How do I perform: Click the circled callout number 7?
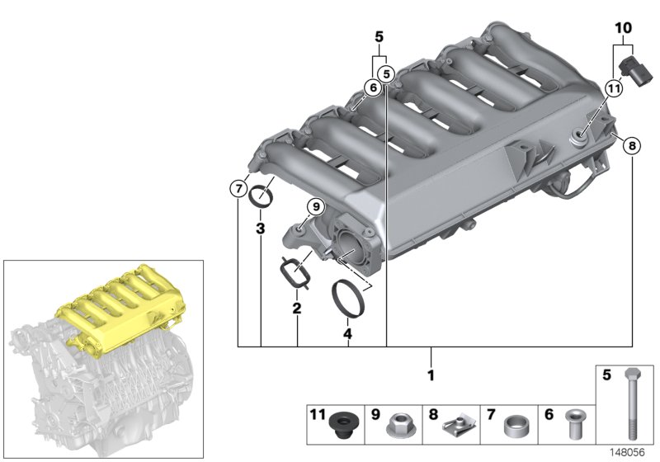[x=238, y=189]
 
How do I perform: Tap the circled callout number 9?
[x=313, y=206]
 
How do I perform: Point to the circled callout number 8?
[x=632, y=146]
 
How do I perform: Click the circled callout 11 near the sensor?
[x=613, y=88]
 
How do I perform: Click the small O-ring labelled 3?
[x=262, y=196]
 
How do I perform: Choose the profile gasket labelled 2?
[x=293, y=272]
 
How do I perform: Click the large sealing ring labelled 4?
[x=349, y=298]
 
